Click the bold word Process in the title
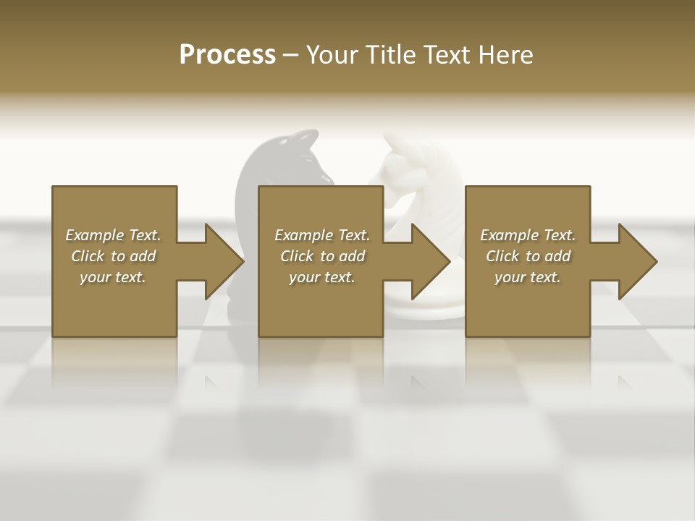point(227,55)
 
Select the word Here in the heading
point(505,55)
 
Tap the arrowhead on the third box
point(638,261)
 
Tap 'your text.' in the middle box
point(321,277)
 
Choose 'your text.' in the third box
point(528,277)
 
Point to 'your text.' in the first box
point(113,277)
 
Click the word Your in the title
point(332,55)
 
